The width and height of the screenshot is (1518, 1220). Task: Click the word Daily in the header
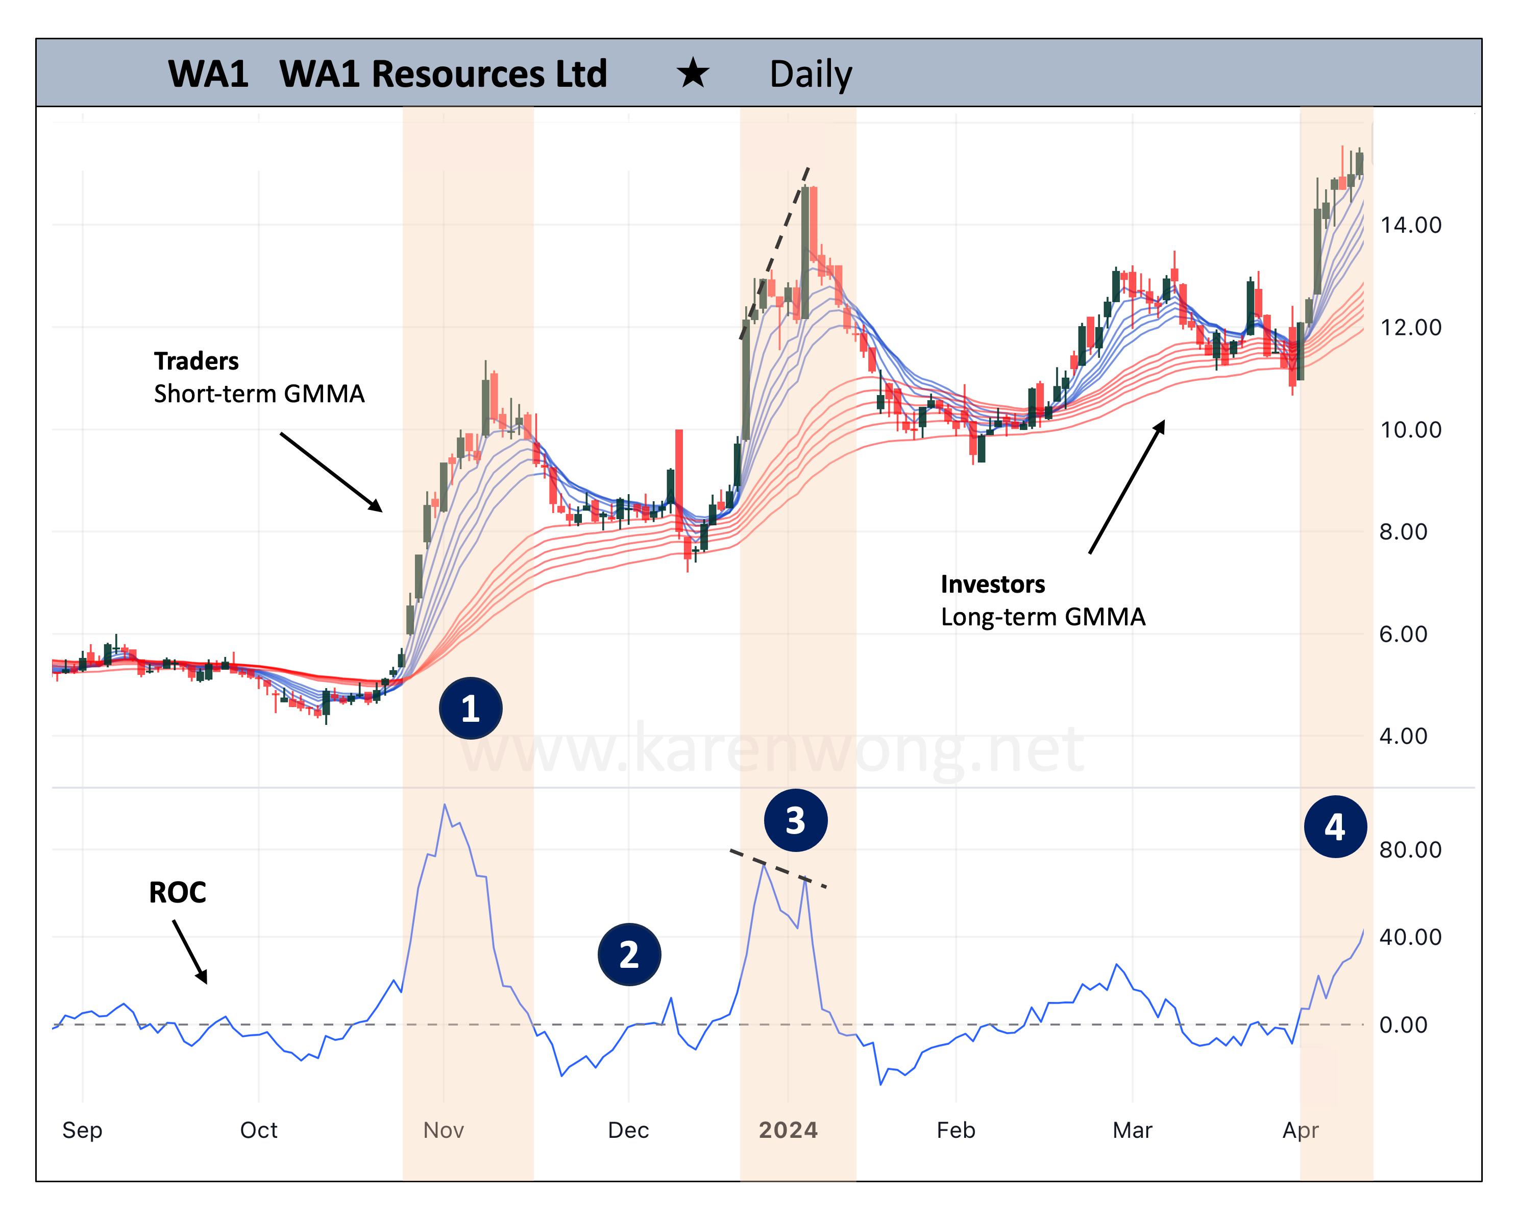tap(811, 74)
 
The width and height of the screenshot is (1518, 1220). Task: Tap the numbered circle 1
tap(470, 708)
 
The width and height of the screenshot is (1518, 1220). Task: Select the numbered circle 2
tap(629, 955)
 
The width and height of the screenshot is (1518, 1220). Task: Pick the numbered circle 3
tap(796, 820)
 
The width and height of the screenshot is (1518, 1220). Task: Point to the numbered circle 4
tap(1335, 826)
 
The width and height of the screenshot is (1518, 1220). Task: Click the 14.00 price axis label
tap(1410, 225)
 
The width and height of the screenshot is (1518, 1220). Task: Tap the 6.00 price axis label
tap(1403, 635)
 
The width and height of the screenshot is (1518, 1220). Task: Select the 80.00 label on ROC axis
tap(1410, 850)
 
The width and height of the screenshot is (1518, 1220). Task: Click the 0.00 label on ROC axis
tap(1403, 1025)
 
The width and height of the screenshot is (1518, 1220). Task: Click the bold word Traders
tap(197, 361)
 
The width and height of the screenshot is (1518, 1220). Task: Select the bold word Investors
tap(993, 584)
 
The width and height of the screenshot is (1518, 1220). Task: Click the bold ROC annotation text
tap(178, 893)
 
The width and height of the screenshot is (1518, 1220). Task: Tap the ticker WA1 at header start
tap(208, 74)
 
